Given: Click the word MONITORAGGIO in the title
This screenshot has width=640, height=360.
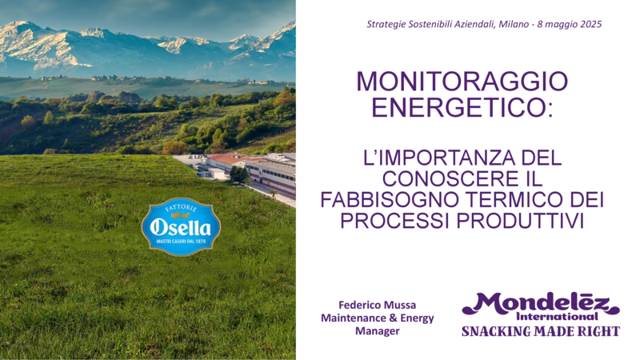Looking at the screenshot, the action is [462, 82].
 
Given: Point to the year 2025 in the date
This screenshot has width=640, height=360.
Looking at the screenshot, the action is [590, 24].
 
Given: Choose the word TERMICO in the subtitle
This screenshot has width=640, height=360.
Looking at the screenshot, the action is [515, 200].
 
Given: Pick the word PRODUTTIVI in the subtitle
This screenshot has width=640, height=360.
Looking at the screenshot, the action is [520, 221].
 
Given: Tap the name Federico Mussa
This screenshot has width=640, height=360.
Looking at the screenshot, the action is [377, 305].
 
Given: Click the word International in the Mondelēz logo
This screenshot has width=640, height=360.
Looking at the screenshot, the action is [557, 316].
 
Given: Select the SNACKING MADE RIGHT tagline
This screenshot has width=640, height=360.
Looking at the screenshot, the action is [541, 331].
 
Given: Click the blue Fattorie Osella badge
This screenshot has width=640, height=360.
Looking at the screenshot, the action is [181, 226].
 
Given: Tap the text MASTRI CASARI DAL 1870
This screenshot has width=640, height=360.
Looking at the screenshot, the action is [181, 242].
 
